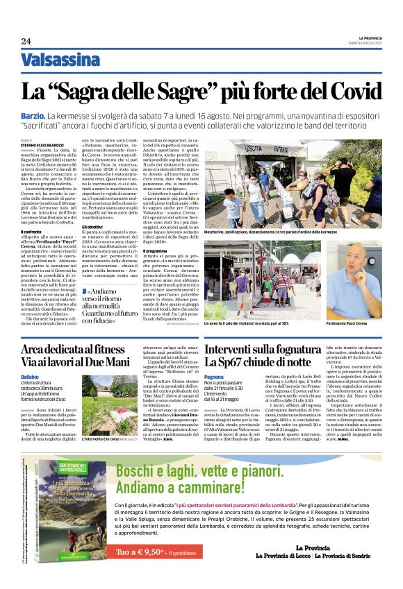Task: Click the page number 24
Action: [26, 41]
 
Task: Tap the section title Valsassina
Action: [60, 60]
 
